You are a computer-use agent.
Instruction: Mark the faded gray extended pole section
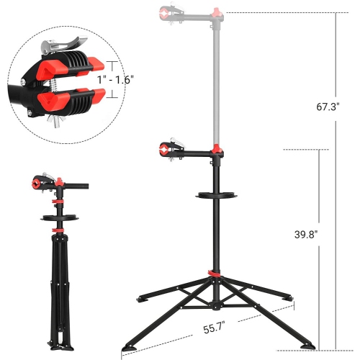click(215, 79)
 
